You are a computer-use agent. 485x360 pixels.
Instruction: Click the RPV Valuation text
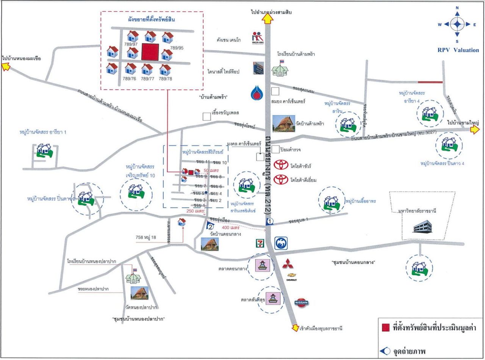(458, 50)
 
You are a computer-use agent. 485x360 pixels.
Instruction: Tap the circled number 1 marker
(269, 221)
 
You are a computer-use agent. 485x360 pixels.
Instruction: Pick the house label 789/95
(177, 48)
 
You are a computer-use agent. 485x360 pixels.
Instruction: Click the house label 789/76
(130, 79)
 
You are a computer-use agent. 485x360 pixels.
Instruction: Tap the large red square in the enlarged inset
(150, 52)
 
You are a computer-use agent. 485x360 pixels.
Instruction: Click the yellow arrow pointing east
(475, 130)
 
